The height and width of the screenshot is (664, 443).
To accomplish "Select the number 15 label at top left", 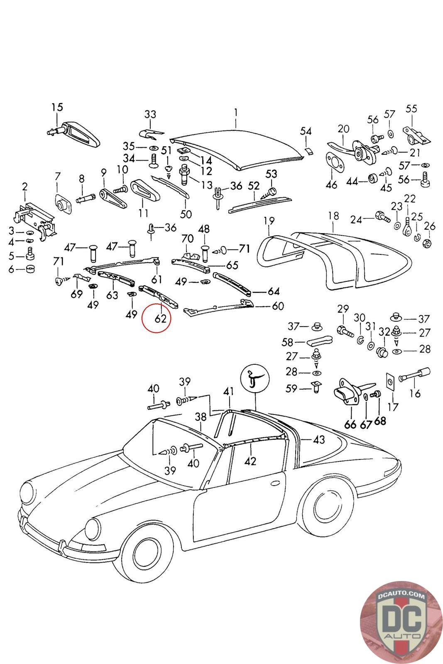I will pos(57,107).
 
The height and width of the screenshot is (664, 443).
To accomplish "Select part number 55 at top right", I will pos(411,109).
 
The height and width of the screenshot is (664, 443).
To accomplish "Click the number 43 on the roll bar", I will pos(318,439).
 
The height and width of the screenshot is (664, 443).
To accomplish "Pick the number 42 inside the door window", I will pos(251,460).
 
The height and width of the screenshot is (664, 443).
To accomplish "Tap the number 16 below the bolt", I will pos(415,393).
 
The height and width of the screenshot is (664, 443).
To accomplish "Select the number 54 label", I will pos(306,131).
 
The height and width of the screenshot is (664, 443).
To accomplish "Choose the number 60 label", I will pos(277,306).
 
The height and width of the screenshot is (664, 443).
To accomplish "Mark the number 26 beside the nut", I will pos(430,226).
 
